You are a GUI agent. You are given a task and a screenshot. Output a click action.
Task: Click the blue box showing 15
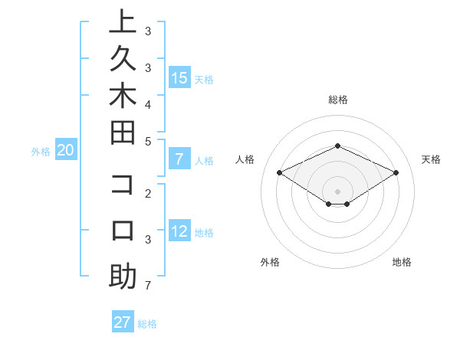tap(179, 77)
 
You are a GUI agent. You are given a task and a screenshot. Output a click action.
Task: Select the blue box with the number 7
tap(179, 159)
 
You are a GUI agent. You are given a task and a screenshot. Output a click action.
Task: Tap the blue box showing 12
tap(179, 231)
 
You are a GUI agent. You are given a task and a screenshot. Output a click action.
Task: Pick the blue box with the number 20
tap(65, 150)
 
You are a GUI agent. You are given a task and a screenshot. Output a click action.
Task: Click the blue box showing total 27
tap(122, 322)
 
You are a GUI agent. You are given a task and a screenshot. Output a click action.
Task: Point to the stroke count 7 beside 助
tap(147, 286)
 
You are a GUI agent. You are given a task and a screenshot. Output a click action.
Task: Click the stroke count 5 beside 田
tap(147, 141)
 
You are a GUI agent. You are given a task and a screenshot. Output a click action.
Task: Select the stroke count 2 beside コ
tap(147, 193)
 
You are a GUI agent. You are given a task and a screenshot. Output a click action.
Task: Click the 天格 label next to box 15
tap(204, 79)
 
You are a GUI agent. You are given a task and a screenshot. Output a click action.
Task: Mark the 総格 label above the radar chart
tap(337, 100)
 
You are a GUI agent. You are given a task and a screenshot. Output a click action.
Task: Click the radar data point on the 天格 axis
tap(396, 173)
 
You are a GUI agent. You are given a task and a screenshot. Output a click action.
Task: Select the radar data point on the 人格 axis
tap(280, 173)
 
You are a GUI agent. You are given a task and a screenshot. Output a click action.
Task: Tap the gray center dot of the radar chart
tap(337, 191)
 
